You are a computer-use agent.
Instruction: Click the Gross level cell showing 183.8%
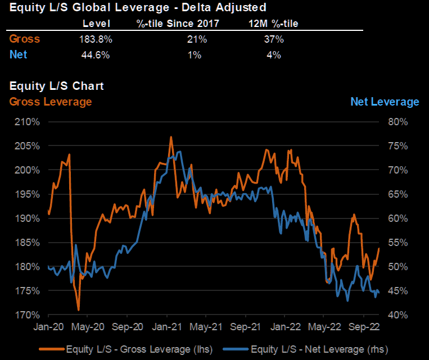click(x=96, y=39)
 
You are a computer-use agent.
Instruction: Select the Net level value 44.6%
click(x=96, y=54)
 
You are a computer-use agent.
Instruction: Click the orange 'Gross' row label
click(x=25, y=39)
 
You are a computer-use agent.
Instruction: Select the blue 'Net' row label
click(x=19, y=54)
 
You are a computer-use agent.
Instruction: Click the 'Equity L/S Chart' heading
click(x=57, y=86)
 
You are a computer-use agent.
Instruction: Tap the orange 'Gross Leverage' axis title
click(x=51, y=102)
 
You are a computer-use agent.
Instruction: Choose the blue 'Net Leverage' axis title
click(x=385, y=102)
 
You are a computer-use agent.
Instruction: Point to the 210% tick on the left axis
click(x=27, y=122)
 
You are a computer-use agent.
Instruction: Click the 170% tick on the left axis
click(x=27, y=315)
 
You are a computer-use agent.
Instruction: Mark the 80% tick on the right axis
click(x=397, y=122)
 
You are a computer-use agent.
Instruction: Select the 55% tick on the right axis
click(x=397, y=243)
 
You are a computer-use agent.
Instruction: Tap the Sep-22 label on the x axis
click(x=363, y=326)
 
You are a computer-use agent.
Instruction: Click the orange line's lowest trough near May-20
click(x=79, y=309)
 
